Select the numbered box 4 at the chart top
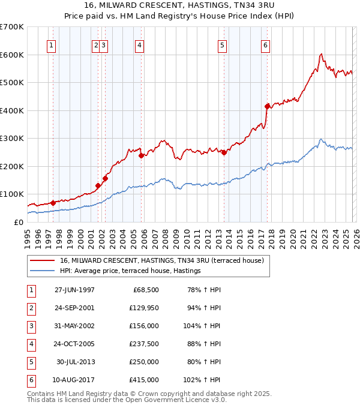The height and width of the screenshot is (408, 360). (x=139, y=44)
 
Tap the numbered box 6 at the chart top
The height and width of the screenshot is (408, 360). (x=265, y=44)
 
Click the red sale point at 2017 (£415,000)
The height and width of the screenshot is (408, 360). (x=267, y=106)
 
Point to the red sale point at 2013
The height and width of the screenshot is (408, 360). (x=224, y=152)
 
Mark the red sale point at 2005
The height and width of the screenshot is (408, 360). (x=142, y=155)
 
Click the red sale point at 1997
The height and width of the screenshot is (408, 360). (x=53, y=203)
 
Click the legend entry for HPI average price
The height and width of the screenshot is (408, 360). (x=130, y=271)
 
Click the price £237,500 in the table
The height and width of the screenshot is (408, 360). (x=144, y=344)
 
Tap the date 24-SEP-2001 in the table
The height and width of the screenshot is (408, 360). (x=74, y=308)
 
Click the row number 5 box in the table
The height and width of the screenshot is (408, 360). (x=30, y=362)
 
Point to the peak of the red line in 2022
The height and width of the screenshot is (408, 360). (x=322, y=54)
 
